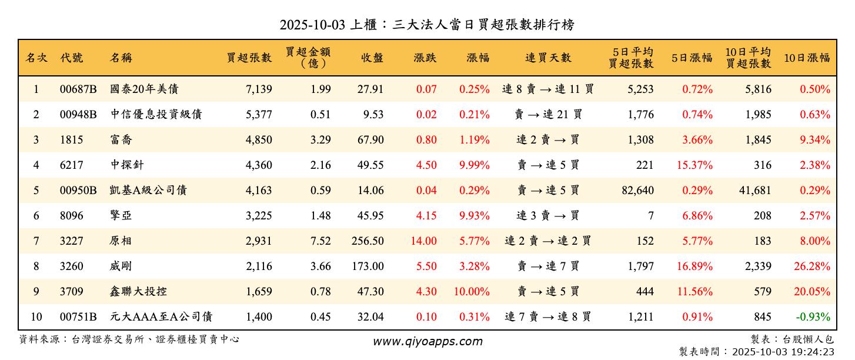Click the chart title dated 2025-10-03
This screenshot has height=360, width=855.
[427, 25]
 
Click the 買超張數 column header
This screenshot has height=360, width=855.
[249, 58]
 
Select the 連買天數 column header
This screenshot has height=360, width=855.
[548, 58]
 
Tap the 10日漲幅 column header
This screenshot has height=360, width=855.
[807, 58]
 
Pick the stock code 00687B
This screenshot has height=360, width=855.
[78, 89]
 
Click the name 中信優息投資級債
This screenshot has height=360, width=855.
[156, 115]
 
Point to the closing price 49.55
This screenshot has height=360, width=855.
[370, 165]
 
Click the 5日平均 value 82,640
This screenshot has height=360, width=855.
[633, 191]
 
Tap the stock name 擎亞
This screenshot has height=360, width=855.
[121, 216]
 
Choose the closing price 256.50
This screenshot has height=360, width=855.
[368, 241]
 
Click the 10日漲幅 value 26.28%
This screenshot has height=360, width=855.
[812, 266]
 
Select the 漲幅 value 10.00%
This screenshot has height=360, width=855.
[472, 292]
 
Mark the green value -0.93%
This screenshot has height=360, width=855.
[813, 317]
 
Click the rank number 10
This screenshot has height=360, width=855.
[36, 317]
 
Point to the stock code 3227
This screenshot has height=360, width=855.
[71, 241]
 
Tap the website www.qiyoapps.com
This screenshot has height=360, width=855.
[427, 342]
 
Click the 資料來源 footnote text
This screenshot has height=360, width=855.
[129, 339]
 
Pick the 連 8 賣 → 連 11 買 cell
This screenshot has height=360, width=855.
[548, 89]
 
